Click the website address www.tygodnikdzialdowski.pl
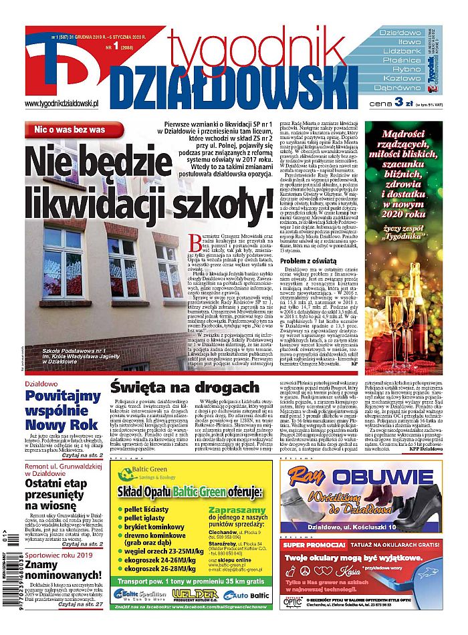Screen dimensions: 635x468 click(62, 104)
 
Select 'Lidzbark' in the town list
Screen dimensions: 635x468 click(400, 51)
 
